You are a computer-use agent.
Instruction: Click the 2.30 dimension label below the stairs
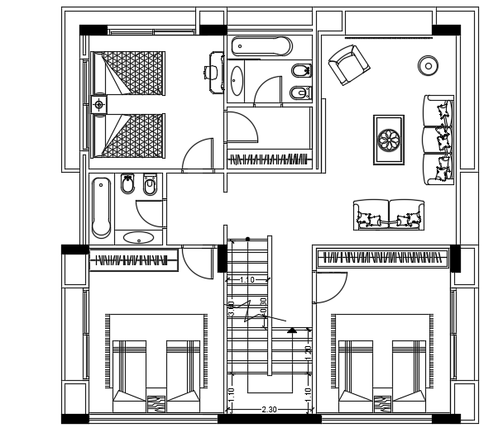268,409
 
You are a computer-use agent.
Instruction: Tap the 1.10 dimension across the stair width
247,280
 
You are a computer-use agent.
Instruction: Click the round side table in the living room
429,64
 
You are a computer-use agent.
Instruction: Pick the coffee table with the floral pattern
388,138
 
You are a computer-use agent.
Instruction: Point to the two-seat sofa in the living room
387,214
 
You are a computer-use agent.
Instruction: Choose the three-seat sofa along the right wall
438,139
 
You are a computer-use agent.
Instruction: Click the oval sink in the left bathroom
138,239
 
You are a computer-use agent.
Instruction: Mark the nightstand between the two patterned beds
99,104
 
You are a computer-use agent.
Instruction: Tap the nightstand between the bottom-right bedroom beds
381,403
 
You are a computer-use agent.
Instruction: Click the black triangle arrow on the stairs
292,330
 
